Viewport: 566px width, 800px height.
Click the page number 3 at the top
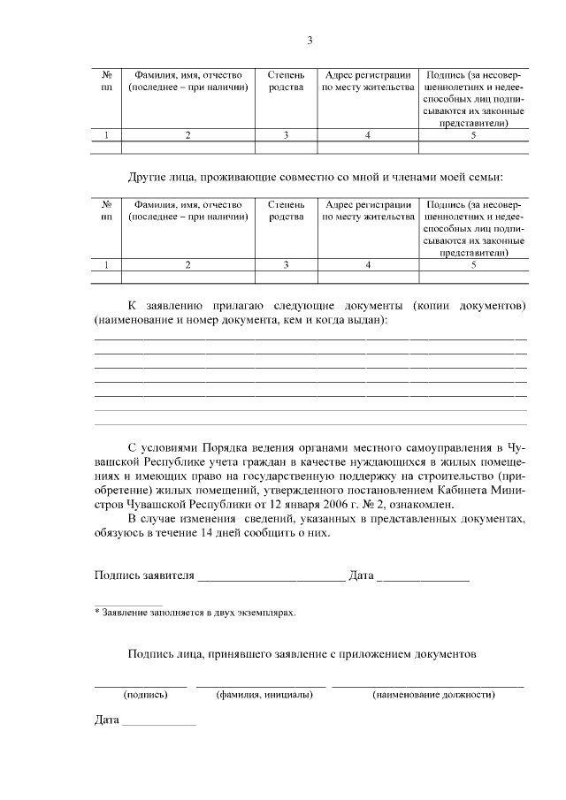[310, 40]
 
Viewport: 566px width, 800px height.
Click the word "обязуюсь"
[119, 532]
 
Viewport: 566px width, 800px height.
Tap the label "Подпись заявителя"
[143, 575]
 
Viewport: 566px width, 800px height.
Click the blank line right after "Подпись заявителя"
[271, 580]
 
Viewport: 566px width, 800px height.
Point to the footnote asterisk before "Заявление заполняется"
[97, 611]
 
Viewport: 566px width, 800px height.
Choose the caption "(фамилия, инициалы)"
[264, 695]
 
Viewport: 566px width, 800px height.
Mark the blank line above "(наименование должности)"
[427, 686]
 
